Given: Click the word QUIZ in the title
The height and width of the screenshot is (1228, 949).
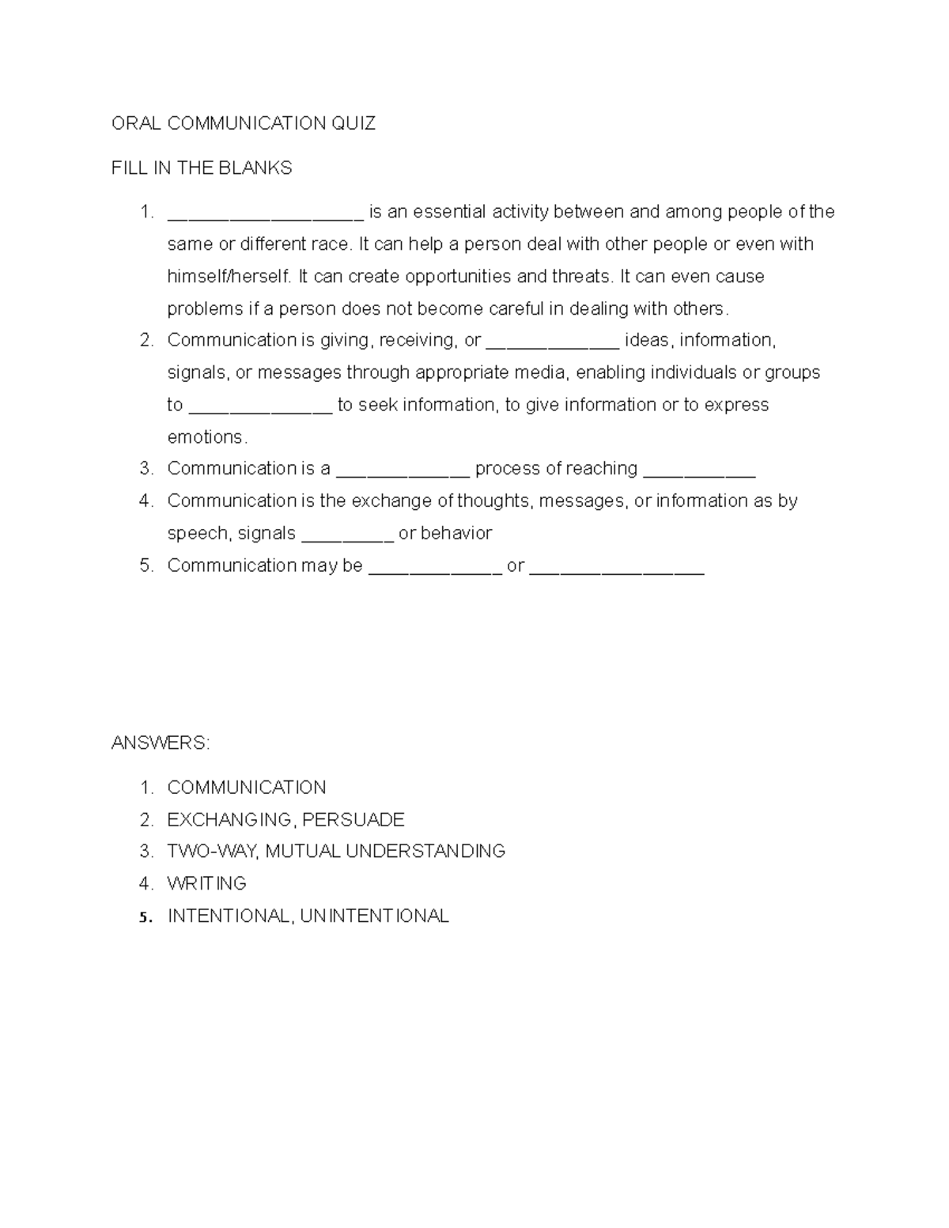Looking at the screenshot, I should (x=354, y=123).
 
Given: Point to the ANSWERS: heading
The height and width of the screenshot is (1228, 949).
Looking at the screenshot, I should (x=161, y=743).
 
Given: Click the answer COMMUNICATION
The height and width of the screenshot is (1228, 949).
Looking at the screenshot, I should (x=247, y=788).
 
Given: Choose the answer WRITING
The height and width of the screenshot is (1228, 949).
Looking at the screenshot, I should (x=207, y=883).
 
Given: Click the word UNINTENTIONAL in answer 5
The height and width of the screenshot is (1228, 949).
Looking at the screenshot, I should (x=375, y=916).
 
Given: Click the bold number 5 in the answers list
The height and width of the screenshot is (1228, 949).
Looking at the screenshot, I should (x=143, y=917).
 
